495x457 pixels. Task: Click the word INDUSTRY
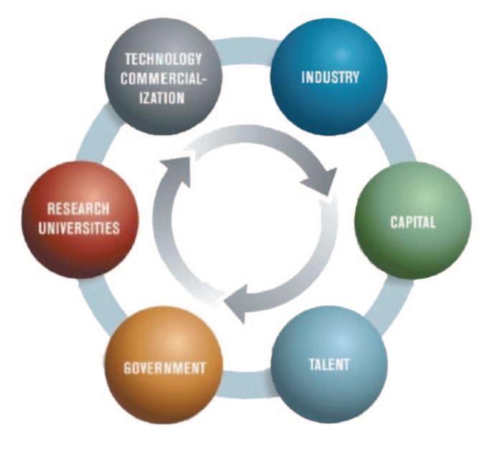(329, 77)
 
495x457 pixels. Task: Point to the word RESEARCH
(78, 209)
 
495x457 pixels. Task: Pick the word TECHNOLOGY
(164, 60)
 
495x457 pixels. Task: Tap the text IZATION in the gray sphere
(164, 96)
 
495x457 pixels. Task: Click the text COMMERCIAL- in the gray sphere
(164, 77)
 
